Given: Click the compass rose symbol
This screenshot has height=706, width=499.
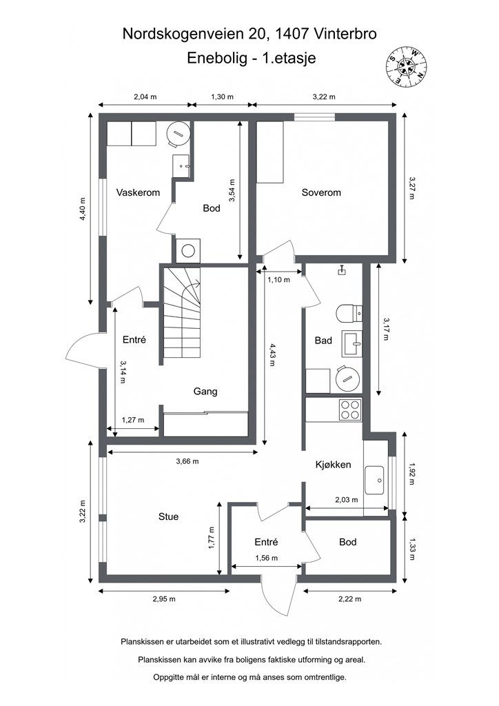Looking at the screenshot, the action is coord(407,66).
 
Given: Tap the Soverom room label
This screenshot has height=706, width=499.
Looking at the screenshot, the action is coord(321,193).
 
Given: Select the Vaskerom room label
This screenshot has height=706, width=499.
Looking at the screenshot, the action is coord(138,193).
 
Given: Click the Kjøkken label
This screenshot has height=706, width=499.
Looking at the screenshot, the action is coord(333,465).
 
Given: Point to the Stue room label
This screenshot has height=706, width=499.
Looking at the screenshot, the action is coord(168,517).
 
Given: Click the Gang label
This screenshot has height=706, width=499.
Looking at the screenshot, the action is coord(205,392).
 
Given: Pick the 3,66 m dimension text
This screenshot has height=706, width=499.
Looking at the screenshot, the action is coord(187,461).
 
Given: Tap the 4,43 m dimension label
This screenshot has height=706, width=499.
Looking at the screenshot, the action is coord(272,354).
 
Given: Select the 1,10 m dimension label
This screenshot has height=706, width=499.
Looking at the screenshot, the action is coord(278,280).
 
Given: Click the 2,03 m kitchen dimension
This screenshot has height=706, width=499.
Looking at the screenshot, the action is coord(347,500).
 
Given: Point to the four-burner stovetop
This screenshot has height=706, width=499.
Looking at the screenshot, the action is coord(351,410).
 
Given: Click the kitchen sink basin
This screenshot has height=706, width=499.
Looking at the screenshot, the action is coord(374,481).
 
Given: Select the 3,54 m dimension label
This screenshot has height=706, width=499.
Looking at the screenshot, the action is coord(232,190).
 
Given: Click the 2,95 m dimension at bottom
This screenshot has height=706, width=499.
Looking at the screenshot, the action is coord(164,599).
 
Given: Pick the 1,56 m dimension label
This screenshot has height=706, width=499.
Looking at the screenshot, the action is coord(266,558).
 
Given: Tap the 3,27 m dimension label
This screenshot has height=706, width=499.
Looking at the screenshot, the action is coord(412,188).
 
